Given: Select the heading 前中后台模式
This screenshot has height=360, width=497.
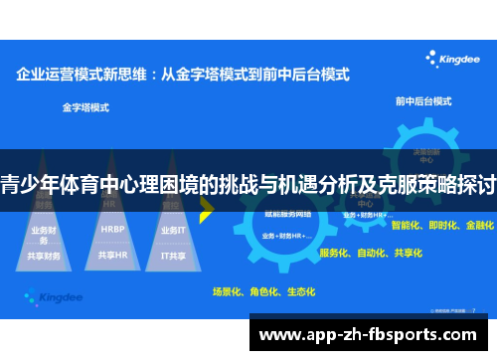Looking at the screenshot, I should [x=418, y=101].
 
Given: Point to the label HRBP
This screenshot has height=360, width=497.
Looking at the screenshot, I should [x=112, y=230].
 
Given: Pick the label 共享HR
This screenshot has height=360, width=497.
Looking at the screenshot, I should [x=112, y=255].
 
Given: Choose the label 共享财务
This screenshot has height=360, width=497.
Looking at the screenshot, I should [x=46, y=256].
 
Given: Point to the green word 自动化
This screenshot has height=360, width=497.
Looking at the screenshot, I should [x=371, y=253].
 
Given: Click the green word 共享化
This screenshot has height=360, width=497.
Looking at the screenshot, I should [x=407, y=253].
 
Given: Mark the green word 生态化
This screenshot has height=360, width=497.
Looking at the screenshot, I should [x=299, y=292].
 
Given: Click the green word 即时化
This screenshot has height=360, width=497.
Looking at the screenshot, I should [x=442, y=226].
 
